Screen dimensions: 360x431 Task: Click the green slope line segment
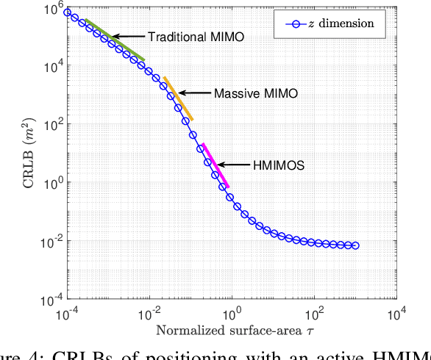[115, 40]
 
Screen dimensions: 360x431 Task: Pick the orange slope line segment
[178, 98]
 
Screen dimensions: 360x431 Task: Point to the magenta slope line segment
[215, 165]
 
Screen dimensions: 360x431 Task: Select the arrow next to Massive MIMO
[193, 93]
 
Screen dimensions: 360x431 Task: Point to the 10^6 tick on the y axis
[53, 8]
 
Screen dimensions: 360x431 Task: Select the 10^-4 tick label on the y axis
[50, 300]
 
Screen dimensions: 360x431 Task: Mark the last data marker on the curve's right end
[356, 245]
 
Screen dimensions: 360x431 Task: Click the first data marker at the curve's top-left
[68, 12]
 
